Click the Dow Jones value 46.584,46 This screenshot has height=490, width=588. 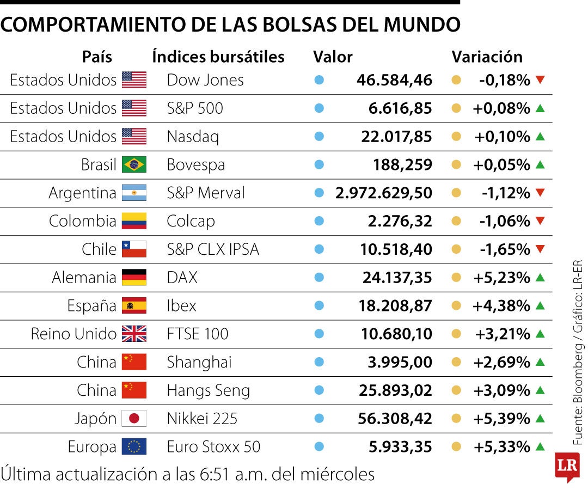(x=394, y=80)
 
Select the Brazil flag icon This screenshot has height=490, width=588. (x=134, y=164)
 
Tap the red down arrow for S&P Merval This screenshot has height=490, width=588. (x=540, y=193)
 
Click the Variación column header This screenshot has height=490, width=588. (x=487, y=57)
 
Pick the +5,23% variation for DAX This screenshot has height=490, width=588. (x=501, y=278)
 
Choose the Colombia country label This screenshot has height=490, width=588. (x=82, y=221)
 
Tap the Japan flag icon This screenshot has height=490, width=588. (x=134, y=419)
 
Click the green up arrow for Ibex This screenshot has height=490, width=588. (x=540, y=305)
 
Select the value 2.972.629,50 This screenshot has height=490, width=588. (x=384, y=193)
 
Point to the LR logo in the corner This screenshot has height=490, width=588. (x=566, y=467)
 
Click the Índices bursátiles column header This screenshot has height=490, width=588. (x=218, y=57)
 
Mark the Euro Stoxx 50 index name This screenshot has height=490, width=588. (x=213, y=447)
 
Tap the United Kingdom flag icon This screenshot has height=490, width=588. (x=134, y=334)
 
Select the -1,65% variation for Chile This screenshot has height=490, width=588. (x=505, y=249)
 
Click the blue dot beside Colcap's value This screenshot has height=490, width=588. (x=319, y=221)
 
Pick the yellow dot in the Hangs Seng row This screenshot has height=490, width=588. (x=456, y=390)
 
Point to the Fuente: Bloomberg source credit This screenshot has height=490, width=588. (x=578, y=381)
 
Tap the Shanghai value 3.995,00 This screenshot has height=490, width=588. (x=400, y=362)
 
